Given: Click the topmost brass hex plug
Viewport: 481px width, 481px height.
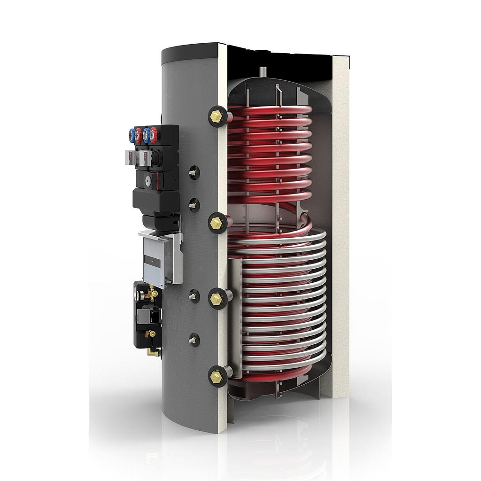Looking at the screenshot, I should pyautogui.click(x=216, y=115).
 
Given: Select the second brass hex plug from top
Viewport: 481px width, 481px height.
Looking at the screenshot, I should pyautogui.click(x=217, y=222).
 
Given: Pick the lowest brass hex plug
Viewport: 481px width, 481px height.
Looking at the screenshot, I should pyautogui.click(x=217, y=375).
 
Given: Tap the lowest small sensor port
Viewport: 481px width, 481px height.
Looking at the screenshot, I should pyautogui.click(x=192, y=339).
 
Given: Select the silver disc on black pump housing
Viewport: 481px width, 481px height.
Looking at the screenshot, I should pyautogui.click(x=148, y=179).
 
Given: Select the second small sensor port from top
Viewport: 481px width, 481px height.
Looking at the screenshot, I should pyautogui.click(x=192, y=204).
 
